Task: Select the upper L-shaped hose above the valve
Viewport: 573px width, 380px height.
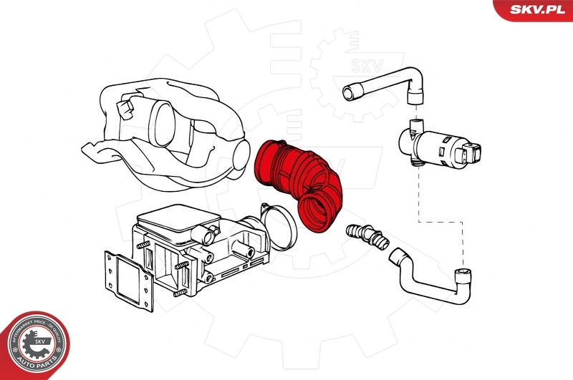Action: (x=387, y=79)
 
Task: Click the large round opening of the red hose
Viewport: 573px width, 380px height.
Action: (x=316, y=212)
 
